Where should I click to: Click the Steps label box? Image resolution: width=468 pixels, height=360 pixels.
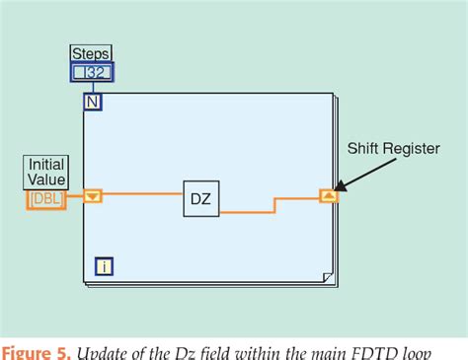[x=92, y=53]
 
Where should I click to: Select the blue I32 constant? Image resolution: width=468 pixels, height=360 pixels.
[x=92, y=71]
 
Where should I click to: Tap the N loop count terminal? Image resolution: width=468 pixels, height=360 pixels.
[x=92, y=102]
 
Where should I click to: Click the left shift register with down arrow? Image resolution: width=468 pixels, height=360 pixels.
[x=92, y=195]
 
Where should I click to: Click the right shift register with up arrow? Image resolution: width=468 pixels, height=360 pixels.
[x=329, y=195]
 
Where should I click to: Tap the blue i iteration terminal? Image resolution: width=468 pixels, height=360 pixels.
[x=103, y=265]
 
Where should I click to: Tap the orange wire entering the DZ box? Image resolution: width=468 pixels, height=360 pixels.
[x=138, y=195]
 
